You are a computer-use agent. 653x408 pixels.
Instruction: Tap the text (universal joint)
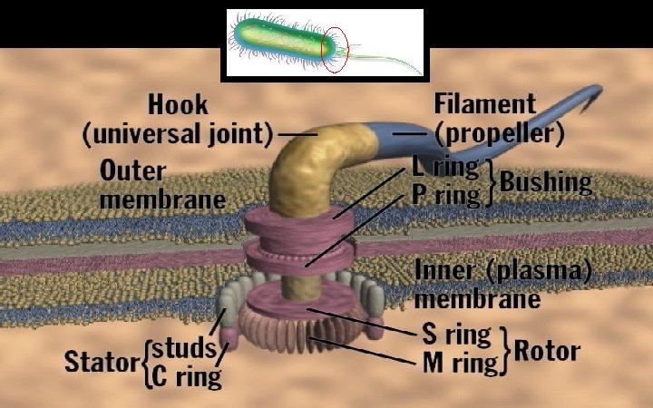178,134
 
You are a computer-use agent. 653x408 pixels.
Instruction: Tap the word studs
183,347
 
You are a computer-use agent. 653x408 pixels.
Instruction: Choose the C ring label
185,374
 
